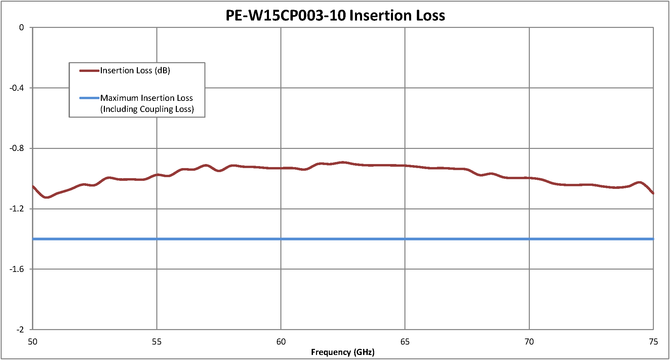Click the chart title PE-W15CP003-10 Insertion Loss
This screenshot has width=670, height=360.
point(335,15)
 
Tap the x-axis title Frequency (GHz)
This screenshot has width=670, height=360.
point(343,352)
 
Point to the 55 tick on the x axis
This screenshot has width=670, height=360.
point(157,342)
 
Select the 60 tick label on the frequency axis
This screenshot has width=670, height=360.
point(281,342)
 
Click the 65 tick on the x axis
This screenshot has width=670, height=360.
point(405,342)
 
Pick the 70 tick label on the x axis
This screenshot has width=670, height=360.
point(529,342)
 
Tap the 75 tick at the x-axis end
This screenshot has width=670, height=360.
point(653,342)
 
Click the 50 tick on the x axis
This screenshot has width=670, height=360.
point(33,342)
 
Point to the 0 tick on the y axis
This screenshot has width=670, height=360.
point(22,28)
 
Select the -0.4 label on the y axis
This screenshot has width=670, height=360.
point(17,88)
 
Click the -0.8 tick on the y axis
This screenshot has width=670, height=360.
point(17,148)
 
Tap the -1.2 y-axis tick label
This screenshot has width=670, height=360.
point(17,209)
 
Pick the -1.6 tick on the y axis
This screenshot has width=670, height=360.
point(17,269)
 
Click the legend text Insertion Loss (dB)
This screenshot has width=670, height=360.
point(135,71)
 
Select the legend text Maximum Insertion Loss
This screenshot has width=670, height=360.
point(147,98)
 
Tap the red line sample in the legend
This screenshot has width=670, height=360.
point(89,71)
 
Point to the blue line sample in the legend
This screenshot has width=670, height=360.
point(89,98)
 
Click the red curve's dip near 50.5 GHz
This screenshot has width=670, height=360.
point(46,197)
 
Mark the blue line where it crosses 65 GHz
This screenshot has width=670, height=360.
point(405,239)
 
